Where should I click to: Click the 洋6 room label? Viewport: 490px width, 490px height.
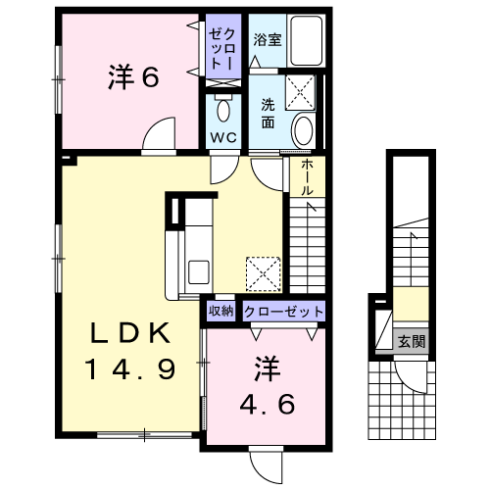click(x=133, y=77)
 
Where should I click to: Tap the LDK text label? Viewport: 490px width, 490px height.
click(x=130, y=333)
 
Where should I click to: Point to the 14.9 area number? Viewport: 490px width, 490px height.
click(x=130, y=368)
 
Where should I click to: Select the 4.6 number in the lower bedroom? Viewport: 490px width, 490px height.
click(x=268, y=404)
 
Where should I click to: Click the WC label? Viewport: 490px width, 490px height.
click(x=223, y=137)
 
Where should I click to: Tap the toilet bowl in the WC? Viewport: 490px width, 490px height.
click(x=223, y=110)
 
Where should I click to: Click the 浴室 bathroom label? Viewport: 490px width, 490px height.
click(x=268, y=40)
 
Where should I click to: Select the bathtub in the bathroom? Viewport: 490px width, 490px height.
click(x=307, y=41)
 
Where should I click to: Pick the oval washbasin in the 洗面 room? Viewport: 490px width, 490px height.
click(x=303, y=130)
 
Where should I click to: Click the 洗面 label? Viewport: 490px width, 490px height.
click(x=268, y=114)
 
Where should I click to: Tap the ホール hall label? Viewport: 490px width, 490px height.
click(x=307, y=177)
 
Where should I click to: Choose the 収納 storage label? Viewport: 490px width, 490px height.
click(x=221, y=311)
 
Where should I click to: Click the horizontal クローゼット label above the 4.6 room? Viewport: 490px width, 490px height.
click(x=283, y=312)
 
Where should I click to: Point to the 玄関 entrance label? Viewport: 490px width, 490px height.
click(x=412, y=342)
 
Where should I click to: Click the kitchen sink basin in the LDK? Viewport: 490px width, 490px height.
click(x=199, y=272)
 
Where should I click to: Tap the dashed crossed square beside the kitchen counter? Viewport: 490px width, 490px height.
click(x=264, y=274)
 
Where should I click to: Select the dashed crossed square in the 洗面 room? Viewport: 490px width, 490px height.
click(x=300, y=92)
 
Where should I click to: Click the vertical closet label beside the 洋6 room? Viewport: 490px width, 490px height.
click(x=223, y=48)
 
